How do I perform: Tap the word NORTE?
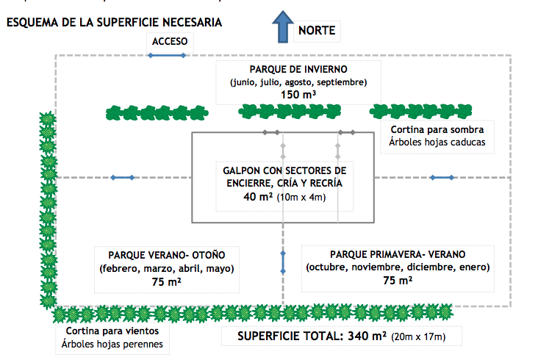317,30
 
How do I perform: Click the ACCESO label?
170,40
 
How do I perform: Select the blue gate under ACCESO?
165,55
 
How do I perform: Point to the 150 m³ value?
298,95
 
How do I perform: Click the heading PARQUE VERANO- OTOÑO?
166,255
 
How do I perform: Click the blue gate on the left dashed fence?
121,177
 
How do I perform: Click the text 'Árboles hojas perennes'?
112,345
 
